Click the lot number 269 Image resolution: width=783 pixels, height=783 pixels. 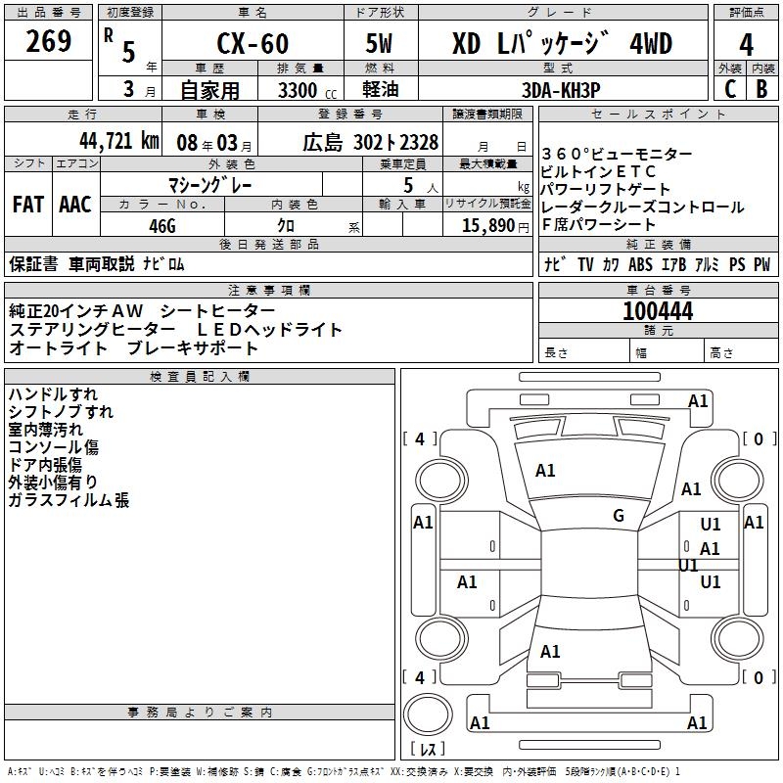coord(49,42)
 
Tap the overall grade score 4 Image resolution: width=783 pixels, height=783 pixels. coord(746,45)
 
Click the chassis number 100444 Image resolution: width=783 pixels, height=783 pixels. coord(658,311)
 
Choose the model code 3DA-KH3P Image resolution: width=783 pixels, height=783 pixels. coord(563,88)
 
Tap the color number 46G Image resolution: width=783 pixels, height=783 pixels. coord(161,225)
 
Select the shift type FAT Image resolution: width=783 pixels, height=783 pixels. coord(28,205)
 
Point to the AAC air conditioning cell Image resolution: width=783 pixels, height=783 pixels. coord(75,205)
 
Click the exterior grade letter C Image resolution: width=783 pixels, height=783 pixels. coord(729,88)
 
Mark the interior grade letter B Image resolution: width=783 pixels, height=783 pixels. coord(762,88)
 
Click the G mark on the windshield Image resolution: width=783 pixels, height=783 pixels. coord(619,516)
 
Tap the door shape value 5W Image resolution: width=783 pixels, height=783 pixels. coord(380,45)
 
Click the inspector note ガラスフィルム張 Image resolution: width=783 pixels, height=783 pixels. coord(69,501)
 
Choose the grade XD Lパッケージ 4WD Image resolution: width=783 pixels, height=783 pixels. coord(563,45)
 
